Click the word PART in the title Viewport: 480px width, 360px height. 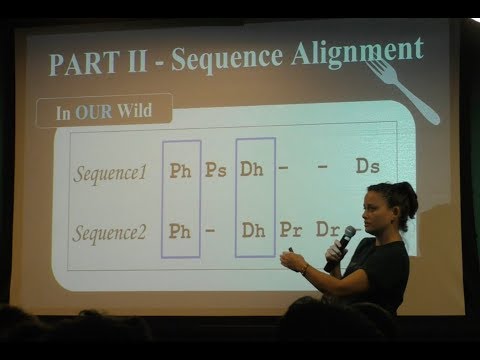(80, 62)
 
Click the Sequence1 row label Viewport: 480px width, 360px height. (109, 172)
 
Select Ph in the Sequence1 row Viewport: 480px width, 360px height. (181, 170)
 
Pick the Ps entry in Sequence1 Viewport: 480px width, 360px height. (215, 169)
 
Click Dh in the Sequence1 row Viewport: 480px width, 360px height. (253, 169)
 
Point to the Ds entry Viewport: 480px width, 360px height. (367, 166)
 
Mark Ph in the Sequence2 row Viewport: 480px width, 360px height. (181, 231)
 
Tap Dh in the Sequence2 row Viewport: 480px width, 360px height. (254, 230)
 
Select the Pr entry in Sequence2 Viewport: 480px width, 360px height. (291, 230)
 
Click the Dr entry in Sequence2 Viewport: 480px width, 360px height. (327, 229)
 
